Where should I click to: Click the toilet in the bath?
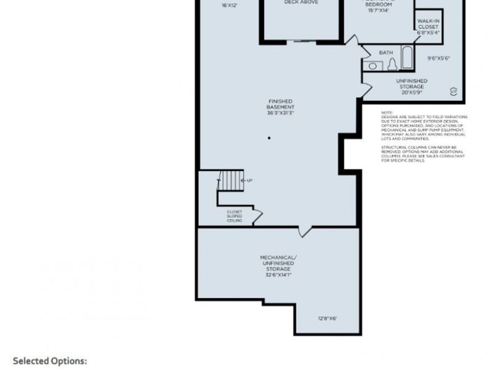pos(392,65)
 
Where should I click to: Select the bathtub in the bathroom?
pos(407,58)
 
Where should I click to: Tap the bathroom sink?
pos(373,66)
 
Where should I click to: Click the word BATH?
pos(386,53)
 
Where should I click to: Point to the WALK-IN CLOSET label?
pos(428,24)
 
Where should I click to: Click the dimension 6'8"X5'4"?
pos(428,32)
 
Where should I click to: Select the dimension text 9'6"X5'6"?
pos(439,58)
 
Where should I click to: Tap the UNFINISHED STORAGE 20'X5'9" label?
pos(411,86)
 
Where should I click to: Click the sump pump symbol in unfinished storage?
pos(452,90)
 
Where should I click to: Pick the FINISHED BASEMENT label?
pos(280,104)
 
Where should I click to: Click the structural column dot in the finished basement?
pos(269,138)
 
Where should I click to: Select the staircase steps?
pos(231,179)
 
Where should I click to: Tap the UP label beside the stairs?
pos(249,180)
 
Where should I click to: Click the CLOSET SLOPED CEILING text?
pos(234,216)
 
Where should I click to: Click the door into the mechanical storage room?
pos(305,232)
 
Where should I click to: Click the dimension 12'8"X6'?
pos(327,318)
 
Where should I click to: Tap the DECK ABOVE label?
pos(301,2)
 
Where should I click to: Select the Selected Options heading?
pos(50,361)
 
